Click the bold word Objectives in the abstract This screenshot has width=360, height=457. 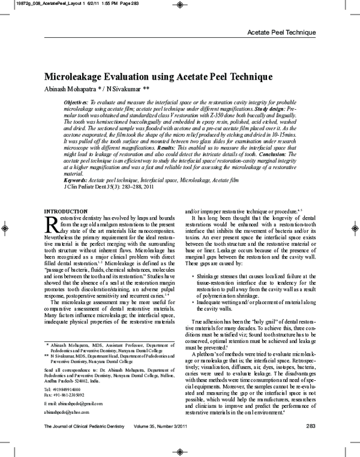[77, 103]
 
